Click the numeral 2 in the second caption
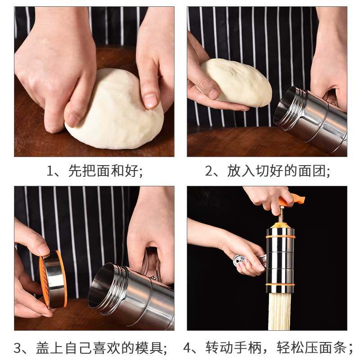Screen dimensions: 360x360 point(208,171)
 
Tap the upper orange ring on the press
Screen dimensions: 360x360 point(280,236)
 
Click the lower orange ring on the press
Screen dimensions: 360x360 point(280,284)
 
